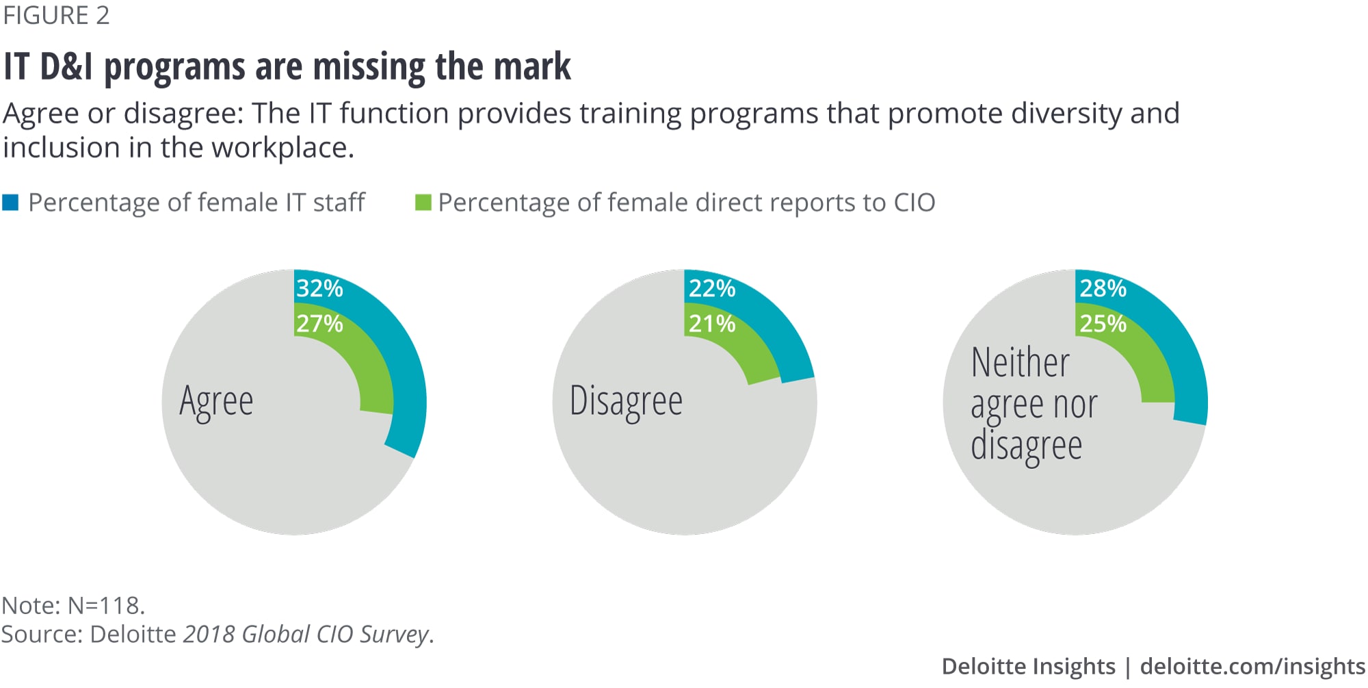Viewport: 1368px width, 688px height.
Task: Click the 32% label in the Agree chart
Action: pos(319,288)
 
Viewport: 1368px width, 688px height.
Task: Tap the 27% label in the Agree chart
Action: pos(319,323)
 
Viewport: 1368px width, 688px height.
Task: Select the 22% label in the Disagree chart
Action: pos(711,288)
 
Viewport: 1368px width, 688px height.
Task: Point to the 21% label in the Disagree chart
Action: pos(711,323)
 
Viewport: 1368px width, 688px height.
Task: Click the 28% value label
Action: pos(1103,288)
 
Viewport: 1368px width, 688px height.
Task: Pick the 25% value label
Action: pos(1103,323)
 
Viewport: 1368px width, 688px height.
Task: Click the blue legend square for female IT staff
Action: pos(10,203)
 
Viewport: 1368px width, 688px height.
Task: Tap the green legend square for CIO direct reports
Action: pos(423,203)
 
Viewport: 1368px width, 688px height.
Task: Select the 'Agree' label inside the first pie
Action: pos(216,401)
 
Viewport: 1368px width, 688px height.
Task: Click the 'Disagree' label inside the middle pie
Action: pos(626,401)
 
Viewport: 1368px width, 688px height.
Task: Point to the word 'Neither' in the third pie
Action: pos(1020,362)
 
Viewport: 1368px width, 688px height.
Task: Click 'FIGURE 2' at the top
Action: pos(56,15)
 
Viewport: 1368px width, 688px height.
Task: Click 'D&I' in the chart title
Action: pos(66,67)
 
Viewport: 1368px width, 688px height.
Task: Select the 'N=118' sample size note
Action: pos(106,605)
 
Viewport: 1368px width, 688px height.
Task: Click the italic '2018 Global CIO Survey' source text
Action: pos(306,634)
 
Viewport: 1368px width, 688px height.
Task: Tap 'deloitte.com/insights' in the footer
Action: pos(1252,666)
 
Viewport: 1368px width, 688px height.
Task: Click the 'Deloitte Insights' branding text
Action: pos(1028,666)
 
